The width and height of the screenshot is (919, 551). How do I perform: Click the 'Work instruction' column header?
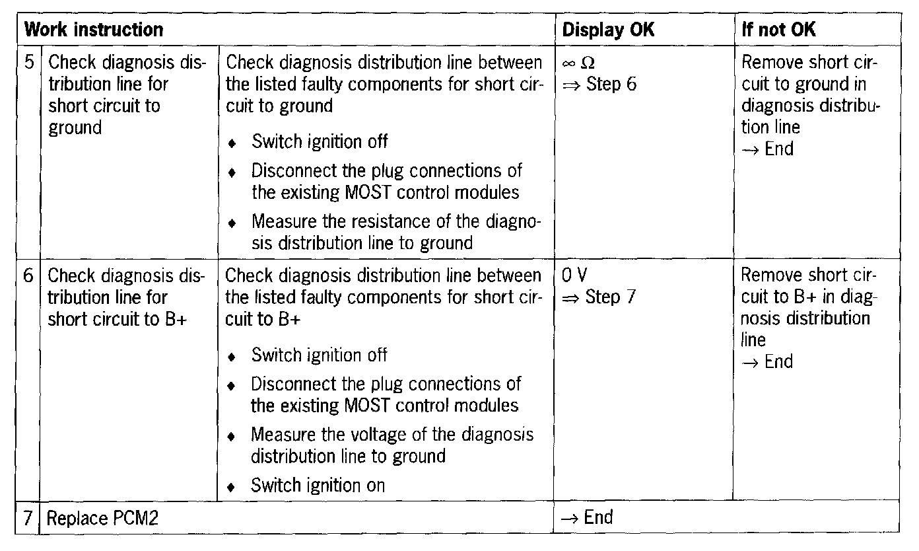[93, 30]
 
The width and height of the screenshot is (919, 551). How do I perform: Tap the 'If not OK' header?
[778, 30]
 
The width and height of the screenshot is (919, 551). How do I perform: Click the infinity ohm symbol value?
[578, 64]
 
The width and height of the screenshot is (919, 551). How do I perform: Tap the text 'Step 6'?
[611, 85]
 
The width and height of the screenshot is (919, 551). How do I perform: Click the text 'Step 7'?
[611, 297]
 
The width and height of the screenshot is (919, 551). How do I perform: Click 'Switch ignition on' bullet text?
[318, 486]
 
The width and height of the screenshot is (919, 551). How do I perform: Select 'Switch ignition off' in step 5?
[319, 141]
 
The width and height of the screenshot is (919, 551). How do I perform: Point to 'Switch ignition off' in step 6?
[319, 355]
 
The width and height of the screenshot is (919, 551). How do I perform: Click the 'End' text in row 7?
[598, 517]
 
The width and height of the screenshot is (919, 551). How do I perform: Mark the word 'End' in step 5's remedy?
[778, 149]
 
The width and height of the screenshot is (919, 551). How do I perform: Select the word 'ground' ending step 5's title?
[75, 128]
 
